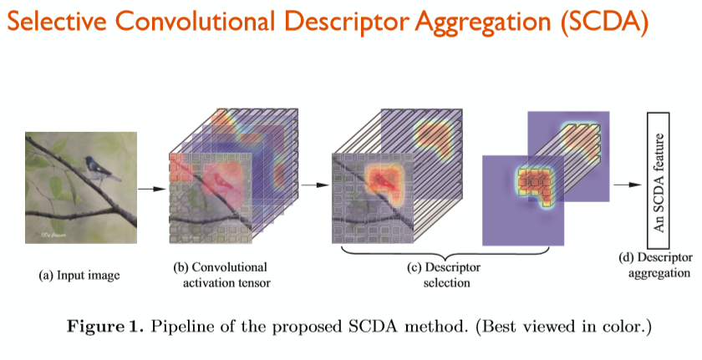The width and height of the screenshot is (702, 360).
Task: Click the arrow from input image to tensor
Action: tap(151, 189)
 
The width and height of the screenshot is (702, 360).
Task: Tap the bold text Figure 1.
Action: tap(106, 326)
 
